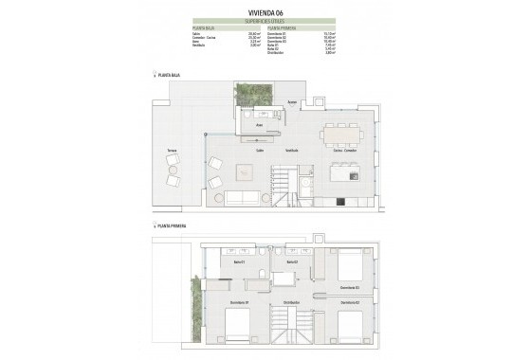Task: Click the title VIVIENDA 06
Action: (265, 12)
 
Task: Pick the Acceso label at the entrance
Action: (293, 102)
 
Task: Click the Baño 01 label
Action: (240, 261)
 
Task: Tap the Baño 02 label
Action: (292, 261)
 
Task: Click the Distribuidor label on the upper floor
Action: (293, 301)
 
